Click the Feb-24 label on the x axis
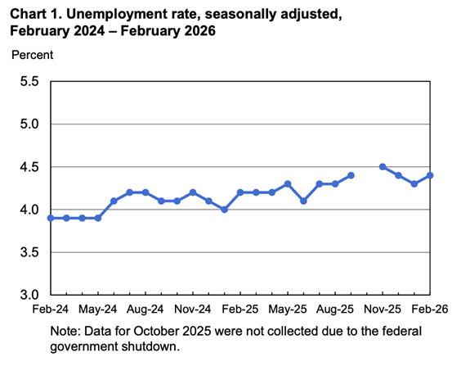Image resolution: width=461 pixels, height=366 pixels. [x=51, y=311]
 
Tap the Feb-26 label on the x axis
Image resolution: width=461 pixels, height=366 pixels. [x=429, y=311]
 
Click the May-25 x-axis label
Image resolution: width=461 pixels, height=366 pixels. [x=288, y=311]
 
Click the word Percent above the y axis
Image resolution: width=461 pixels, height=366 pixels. [x=32, y=55]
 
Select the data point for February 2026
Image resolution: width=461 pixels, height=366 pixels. [x=430, y=175]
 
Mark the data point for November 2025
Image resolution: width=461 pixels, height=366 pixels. [x=383, y=167]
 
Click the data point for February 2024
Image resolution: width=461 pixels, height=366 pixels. [x=51, y=218]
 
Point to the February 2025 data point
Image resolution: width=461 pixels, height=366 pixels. [x=240, y=192]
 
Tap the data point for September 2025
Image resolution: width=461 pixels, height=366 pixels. [x=351, y=175]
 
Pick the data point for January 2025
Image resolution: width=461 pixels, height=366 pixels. [x=225, y=210]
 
